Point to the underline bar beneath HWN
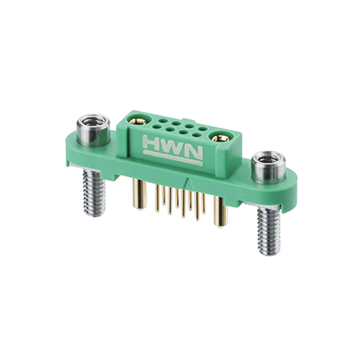point(173,158)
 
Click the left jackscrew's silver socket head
point(93,130)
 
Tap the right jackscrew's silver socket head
point(268,167)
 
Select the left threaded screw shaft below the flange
point(94,193)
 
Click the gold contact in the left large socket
point(138,121)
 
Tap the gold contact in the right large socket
point(220,138)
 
